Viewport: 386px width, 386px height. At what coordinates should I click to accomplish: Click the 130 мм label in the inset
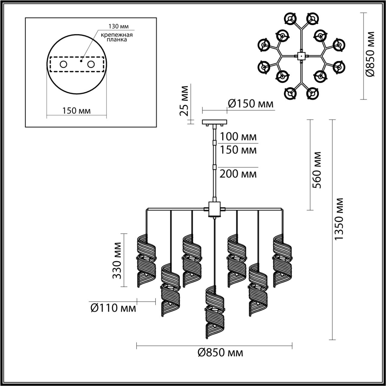(117, 26)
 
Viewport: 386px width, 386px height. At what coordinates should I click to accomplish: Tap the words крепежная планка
(117, 37)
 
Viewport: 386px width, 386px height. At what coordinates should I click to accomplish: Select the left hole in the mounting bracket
(63, 64)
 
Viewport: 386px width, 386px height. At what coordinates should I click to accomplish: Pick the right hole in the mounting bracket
(90, 64)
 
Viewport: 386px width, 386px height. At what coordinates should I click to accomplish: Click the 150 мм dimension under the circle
(76, 111)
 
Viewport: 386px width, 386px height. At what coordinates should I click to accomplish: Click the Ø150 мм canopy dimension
(250, 104)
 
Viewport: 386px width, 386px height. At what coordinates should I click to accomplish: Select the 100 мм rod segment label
(238, 137)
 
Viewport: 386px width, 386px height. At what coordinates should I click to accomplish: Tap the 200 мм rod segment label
(238, 174)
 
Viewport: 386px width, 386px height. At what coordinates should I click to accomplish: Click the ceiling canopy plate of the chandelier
(214, 122)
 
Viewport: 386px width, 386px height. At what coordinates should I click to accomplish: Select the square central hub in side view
(214, 209)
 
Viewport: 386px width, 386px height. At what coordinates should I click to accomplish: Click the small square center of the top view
(301, 55)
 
